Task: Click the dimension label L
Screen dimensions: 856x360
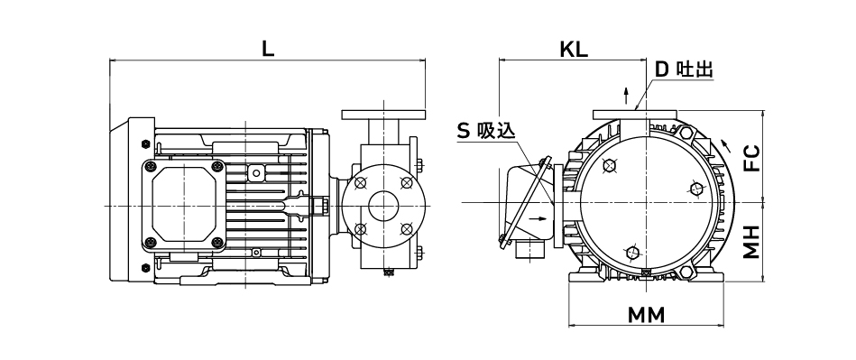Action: click(x=268, y=49)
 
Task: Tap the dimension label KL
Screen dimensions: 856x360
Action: click(x=574, y=49)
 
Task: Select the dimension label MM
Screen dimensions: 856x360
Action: click(x=647, y=315)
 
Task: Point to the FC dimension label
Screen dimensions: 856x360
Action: click(x=752, y=159)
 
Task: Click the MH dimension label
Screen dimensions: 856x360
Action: click(x=752, y=242)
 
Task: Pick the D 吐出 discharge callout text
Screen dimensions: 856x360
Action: click(x=684, y=69)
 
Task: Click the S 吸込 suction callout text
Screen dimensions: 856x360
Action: click(x=485, y=131)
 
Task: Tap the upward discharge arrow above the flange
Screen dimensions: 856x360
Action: click(x=626, y=95)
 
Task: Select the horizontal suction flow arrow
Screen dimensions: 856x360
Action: click(x=538, y=218)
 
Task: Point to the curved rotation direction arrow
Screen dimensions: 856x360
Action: click(x=726, y=144)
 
